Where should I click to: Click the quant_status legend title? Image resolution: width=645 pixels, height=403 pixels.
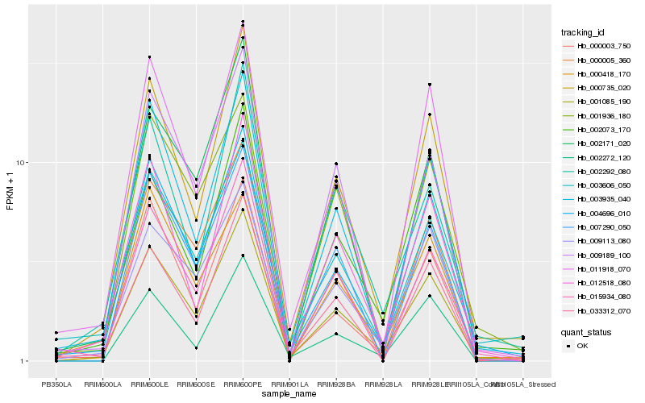pyautogui.click(x=588, y=332)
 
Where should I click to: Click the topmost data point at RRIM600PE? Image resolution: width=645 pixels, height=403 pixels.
pyautogui.click(x=243, y=22)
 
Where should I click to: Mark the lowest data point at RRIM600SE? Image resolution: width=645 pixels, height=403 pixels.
pyautogui.click(x=196, y=348)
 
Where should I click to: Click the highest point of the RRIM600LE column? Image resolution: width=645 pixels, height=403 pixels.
pyautogui.click(x=149, y=57)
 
